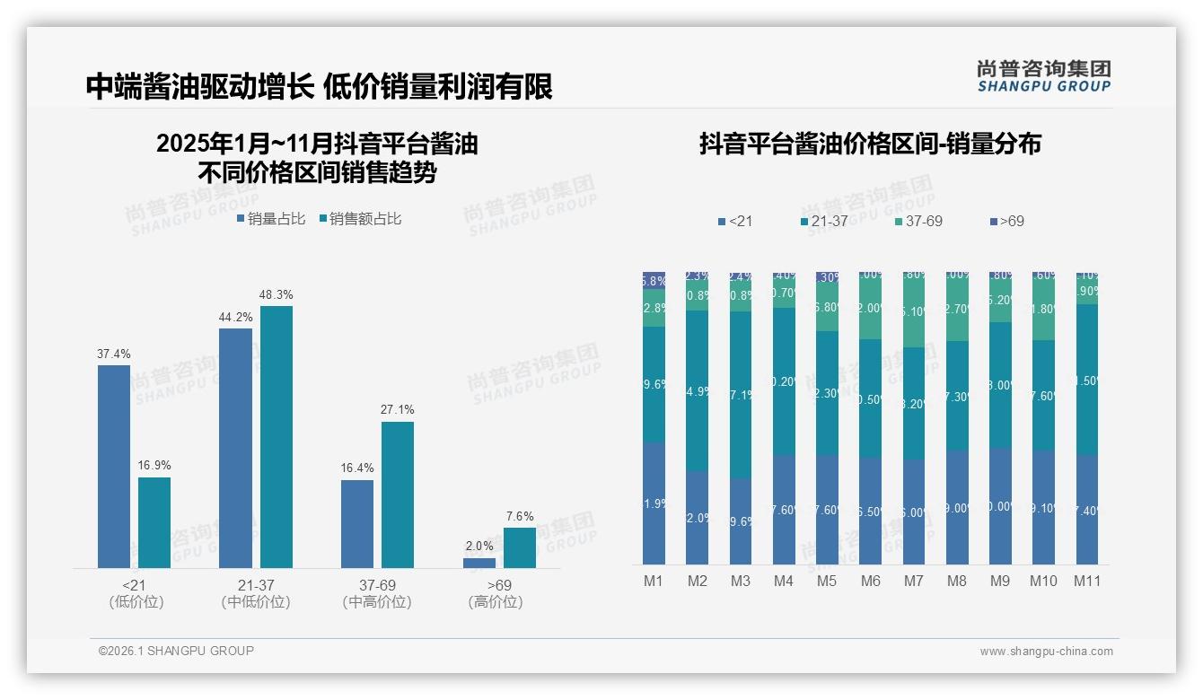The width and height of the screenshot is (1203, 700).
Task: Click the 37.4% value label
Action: (x=113, y=354)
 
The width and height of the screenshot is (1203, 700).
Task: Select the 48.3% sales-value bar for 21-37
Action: (x=277, y=437)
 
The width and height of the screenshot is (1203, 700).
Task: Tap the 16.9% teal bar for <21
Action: (x=154, y=522)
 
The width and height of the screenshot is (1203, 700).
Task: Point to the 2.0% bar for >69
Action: (x=479, y=563)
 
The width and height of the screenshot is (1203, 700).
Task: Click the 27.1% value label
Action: (x=398, y=410)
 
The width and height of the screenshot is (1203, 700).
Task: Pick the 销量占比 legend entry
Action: (x=271, y=219)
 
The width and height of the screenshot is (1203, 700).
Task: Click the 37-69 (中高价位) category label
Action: (x=377, y=593)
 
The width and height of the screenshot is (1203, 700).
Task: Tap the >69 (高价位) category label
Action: (x=495, y=593)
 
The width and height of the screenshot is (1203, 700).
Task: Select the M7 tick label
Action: (x=913, y=582)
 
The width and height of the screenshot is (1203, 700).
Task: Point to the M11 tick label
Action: (x=1086, y=582)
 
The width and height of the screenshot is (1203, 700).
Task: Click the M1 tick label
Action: (x=654, y=582)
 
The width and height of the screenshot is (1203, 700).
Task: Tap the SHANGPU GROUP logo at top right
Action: (x=1044, y=76)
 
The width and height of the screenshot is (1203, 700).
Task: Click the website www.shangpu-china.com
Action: (x=1046, y=652)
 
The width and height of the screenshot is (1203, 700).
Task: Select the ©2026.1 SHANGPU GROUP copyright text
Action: (x=176, y=651)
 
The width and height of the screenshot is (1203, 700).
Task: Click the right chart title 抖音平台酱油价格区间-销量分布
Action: (x=870, y=144)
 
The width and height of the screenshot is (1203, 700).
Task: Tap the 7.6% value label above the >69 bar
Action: (x=519, y=516)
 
